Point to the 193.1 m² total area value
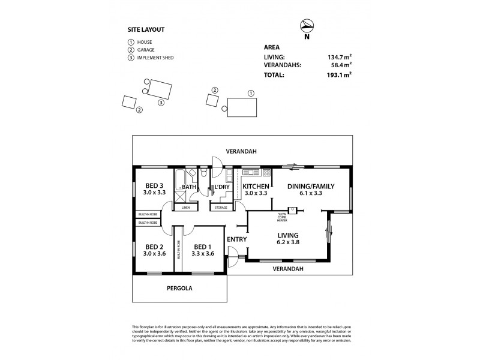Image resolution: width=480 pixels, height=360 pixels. (340, 75)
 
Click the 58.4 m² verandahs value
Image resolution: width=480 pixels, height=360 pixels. (341, 65)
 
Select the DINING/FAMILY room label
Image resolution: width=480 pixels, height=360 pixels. (311, 186)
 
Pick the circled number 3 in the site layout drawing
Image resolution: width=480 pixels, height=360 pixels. (161, 103)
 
